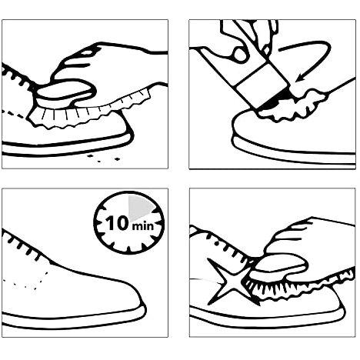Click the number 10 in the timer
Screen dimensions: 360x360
point(117,223)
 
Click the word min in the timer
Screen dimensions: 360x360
point(143,225)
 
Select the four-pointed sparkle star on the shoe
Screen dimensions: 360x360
point(230,282)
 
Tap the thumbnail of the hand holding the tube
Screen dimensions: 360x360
point(241,55)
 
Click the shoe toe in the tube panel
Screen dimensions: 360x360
point(248,128)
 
